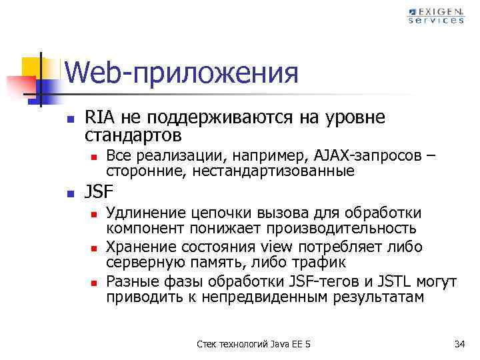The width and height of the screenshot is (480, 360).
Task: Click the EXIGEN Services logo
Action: pyautogui.click(x=436, y=15)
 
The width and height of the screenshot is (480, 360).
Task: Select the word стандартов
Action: pyautogui.click(x=133, y=135)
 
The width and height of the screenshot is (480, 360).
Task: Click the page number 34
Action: pyautogui.click(x=459, y=343)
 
